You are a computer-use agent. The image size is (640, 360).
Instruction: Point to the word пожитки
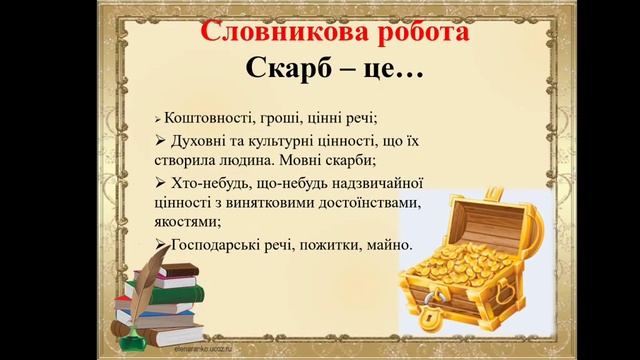344,245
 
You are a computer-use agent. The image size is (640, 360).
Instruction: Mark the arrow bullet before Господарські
164,245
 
